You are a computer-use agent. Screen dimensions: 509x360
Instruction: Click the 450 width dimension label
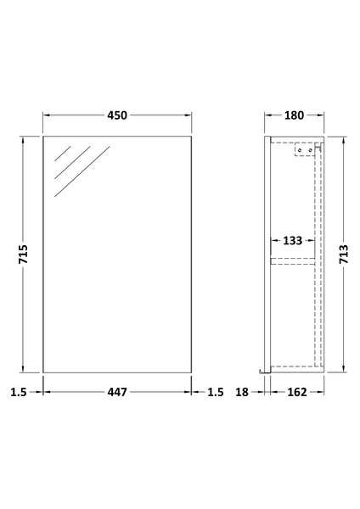pyautogui.click(x=116, y=115)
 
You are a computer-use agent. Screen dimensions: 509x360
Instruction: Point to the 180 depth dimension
pyautogui.click(x=295, y=115)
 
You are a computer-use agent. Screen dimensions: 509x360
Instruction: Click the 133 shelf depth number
pyautogui.click(x=293, y=241)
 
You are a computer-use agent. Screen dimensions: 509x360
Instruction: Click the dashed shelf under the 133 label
pyautogui.click(x=294, y=260)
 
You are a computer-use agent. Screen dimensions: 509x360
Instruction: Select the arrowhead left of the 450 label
pyautogui.click(x=47, y=115)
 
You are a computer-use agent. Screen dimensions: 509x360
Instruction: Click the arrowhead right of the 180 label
pyautogui.click(x=322, y=115)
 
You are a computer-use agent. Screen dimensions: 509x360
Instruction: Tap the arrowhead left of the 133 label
pyautogui.click(x=273, y=241)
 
